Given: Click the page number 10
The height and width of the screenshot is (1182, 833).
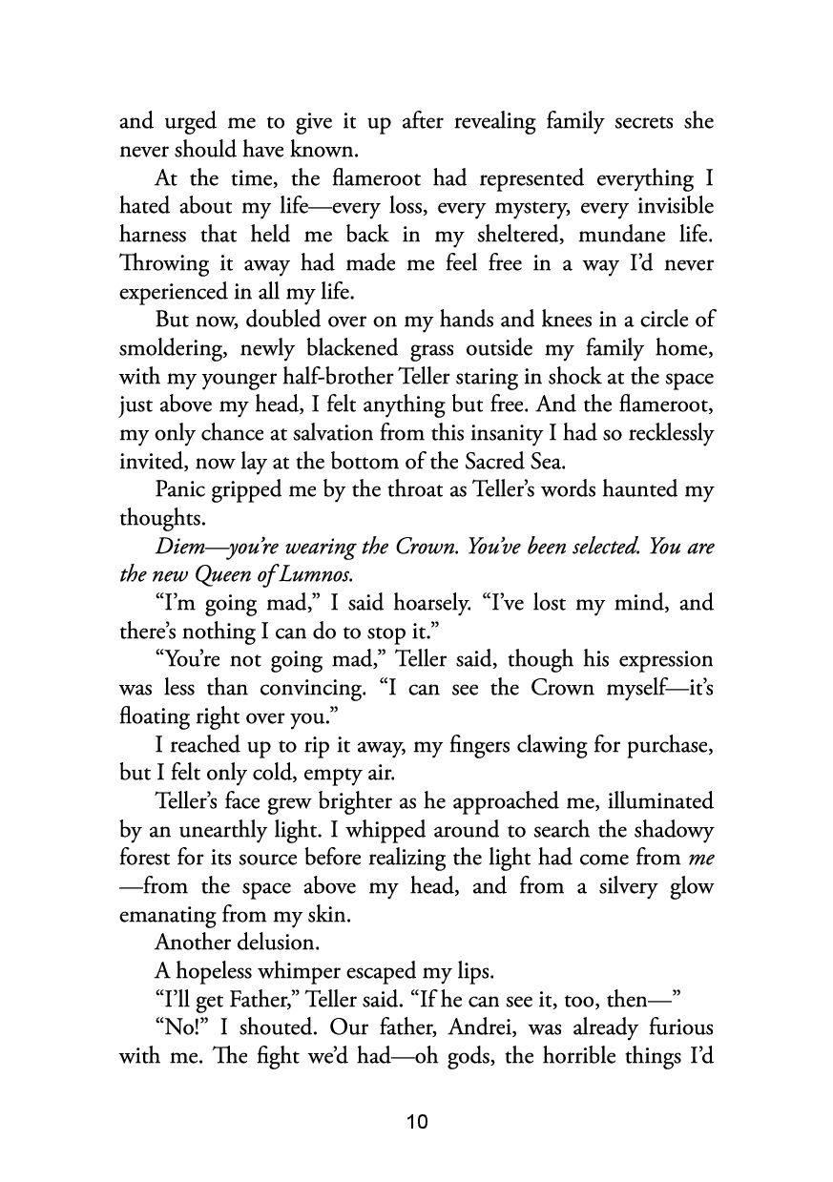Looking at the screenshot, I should click(x=417, y=1121).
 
